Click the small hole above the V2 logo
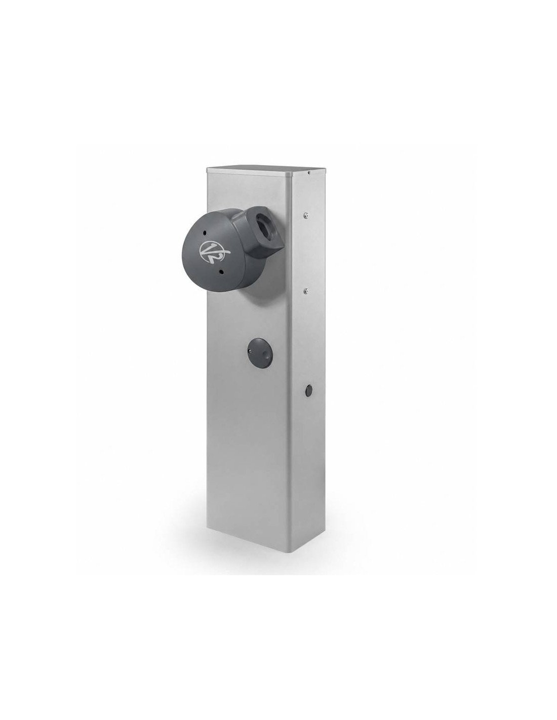pyautogui.click(x=206, y=232)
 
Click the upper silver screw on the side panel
pyautogui.click(x=305, y=215)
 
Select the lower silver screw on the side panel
pyautogui.click(x=305, y=291)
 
